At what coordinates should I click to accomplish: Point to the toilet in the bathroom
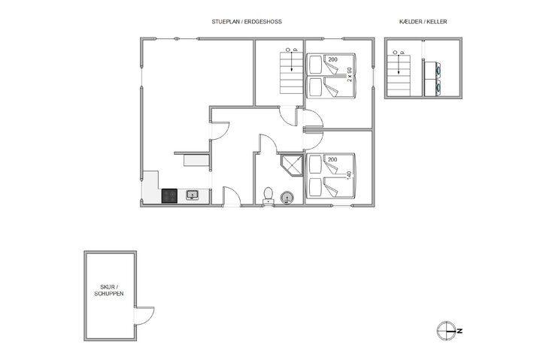click(268, 195)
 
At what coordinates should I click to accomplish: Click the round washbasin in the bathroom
click(287, 198)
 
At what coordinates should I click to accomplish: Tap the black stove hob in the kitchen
click(169, 195)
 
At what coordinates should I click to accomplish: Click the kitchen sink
click(193, 195)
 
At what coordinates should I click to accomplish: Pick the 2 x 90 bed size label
click(350, 75)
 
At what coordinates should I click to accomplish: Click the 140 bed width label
click(350, 175)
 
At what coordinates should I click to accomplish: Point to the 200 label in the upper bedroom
click(332, 59)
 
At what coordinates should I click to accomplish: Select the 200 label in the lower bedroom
click(332, 159)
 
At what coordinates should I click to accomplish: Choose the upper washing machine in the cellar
click(432, 68)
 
